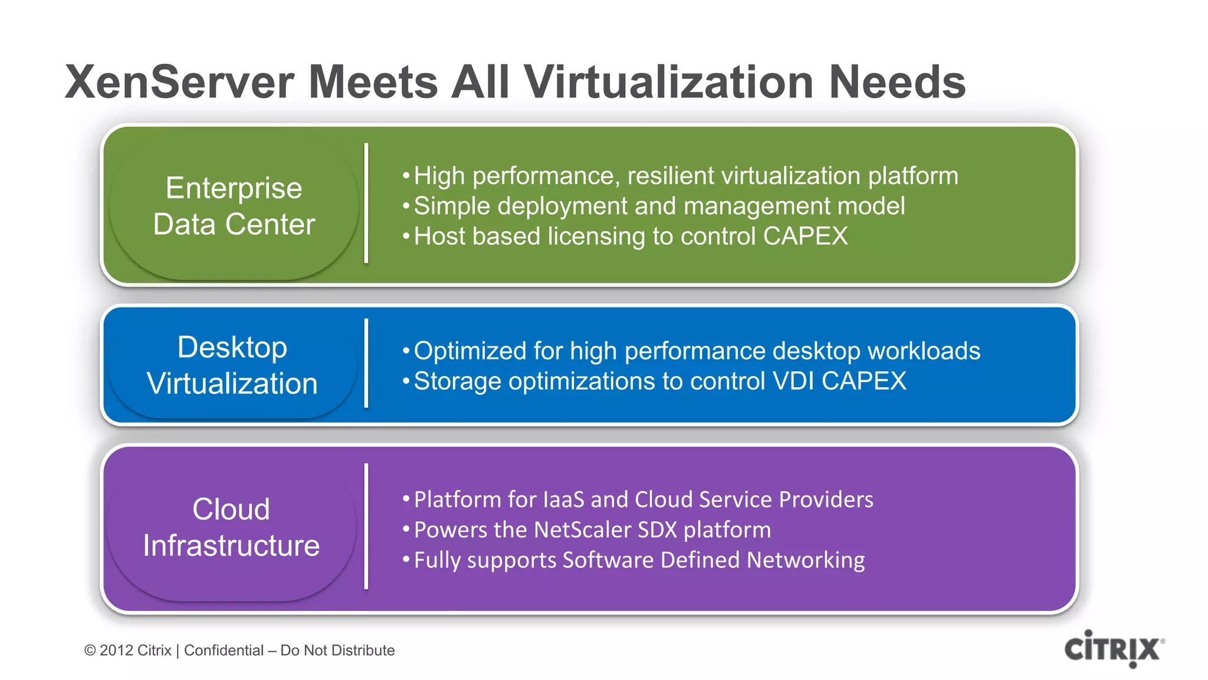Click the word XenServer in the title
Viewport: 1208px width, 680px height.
pos(179,82)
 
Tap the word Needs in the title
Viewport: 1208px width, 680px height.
pos(897,82)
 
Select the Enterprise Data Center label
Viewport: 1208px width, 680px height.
pos(234,206)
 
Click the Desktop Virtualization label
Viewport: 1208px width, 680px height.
pos(232,365)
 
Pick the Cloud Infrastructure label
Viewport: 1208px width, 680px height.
pos(231,527)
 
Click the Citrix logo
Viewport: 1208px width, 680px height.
pos(1114,649)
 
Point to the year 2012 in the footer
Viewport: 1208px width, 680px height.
pos(116,650)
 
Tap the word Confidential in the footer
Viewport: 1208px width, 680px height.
pos(224,650)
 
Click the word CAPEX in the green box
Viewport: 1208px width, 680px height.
pos(805,236)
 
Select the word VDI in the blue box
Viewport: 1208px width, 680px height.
pos(794,381)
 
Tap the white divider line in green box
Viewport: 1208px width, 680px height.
pos(366,203)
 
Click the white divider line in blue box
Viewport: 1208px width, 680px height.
pos(366,363)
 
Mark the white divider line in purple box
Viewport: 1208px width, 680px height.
pos(366,527)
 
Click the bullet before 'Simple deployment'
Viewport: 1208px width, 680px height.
pos(406,206)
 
